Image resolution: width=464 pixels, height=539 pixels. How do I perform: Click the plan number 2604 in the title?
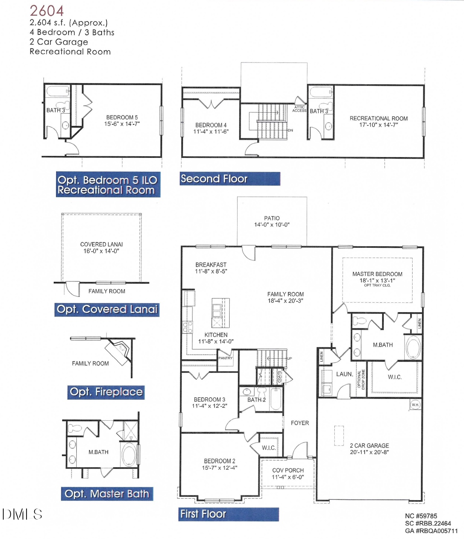click(47, 11)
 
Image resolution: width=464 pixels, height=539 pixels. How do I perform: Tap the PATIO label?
click(272, 218)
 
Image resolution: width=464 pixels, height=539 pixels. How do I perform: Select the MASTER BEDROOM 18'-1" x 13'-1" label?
click(377, 277)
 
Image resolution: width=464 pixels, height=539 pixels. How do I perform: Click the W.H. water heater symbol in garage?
click(415, 405)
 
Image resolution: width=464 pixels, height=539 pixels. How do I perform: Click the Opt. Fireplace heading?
click(106, 392)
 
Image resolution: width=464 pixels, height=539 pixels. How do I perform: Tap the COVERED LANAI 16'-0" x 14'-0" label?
click(102, 247)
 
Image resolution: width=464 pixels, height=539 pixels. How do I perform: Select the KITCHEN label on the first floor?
click(216, 335)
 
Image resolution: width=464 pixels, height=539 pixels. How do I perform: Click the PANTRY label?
click(225, 358)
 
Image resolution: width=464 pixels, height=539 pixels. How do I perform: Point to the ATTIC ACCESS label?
click(299, 109)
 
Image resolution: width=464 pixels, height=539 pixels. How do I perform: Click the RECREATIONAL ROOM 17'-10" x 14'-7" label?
click(379, 121)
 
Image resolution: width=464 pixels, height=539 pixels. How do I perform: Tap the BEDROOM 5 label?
click(122, 118)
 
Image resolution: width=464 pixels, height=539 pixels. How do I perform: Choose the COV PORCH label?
click(288, 471)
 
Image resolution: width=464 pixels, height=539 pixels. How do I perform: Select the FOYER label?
click(300, 423)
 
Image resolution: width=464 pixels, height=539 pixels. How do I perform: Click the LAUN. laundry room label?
click(344, 374)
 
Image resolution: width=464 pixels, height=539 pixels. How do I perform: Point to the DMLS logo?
click(22, 514)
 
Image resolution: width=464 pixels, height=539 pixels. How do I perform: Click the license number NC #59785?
click(421, 516)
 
